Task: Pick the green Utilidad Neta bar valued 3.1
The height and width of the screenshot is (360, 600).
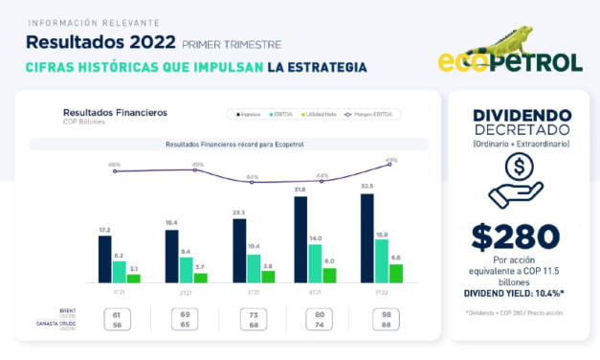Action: pos(133,278)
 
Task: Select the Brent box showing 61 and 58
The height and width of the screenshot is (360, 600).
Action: pos(117,319)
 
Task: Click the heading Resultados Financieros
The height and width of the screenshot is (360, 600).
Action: pos(114,112)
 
